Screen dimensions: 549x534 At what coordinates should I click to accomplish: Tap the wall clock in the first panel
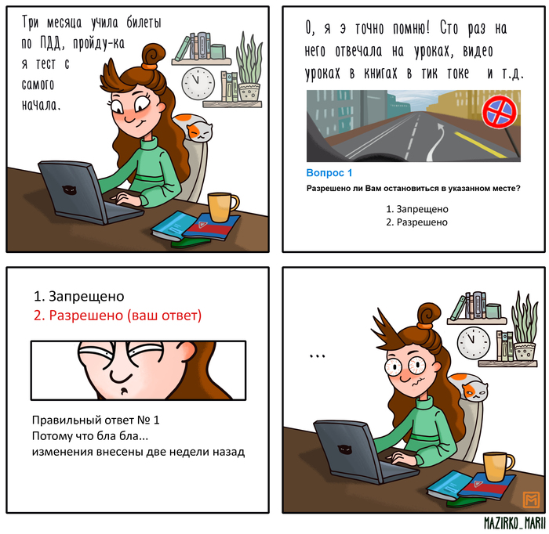pos(198,84)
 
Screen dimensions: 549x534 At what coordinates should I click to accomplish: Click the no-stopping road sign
pos(500,112)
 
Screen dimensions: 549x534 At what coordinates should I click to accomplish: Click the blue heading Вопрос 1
pos(329,172)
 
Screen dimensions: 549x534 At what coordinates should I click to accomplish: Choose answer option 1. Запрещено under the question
pos(417,209)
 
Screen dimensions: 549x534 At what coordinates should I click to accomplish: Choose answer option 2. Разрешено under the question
pos(416,222)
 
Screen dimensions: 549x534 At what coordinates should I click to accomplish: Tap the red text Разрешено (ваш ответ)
pos(118,316)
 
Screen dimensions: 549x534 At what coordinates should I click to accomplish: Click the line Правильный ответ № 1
pos(96,420)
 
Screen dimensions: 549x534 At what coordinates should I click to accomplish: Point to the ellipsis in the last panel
pos(317,356)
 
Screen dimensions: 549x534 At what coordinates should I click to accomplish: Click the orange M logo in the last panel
pos(531,500)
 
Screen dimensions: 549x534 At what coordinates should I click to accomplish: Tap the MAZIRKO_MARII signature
pos(514,523)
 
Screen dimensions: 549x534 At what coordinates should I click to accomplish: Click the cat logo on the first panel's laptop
pos(69,190)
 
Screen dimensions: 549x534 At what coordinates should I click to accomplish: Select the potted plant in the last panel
pos(524,327)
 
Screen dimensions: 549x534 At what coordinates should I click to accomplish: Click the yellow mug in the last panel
pos(497,467)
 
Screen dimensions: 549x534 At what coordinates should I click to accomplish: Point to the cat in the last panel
pos(469,387)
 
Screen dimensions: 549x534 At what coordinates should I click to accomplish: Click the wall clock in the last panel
pos(474,343)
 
